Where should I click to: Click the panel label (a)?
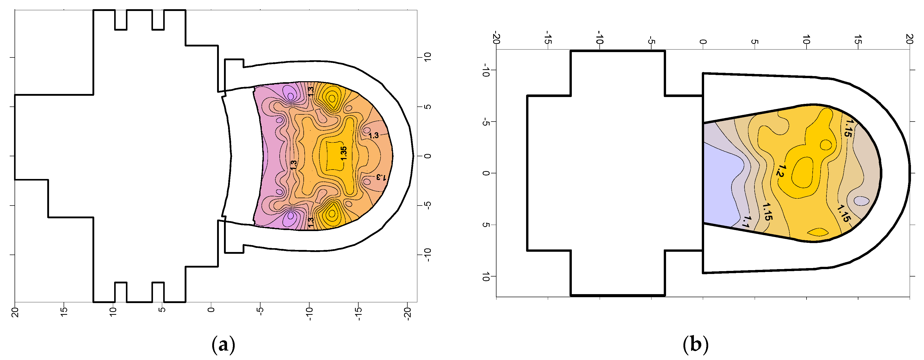[x=223, y=345]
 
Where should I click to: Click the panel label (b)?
[x=695, y=345]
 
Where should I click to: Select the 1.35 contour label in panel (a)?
[x=344, y=153]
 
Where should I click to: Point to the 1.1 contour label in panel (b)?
[x=746, y=222]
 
